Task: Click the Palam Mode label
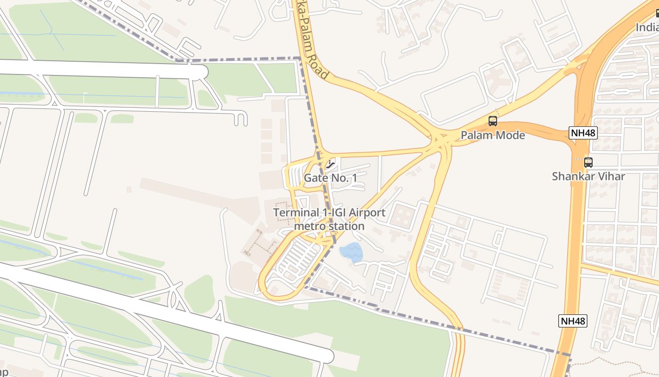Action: [x=492, y=135]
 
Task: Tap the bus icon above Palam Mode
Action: [x=493, y=121]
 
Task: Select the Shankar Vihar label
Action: [x=588, y=176]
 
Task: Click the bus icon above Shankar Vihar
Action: [x=588, y=163]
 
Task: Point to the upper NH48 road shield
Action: [x=583, y=133]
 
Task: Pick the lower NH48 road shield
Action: [x=573, y=321]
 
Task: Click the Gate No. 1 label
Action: [x=330, y=178]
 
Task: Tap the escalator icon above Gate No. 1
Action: [x=331, y=164]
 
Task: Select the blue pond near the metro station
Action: [x=351, y=253]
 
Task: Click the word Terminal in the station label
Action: [x=296, y=213]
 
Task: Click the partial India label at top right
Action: [x=647, y=27]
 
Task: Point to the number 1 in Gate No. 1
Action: [x=354, y=178]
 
